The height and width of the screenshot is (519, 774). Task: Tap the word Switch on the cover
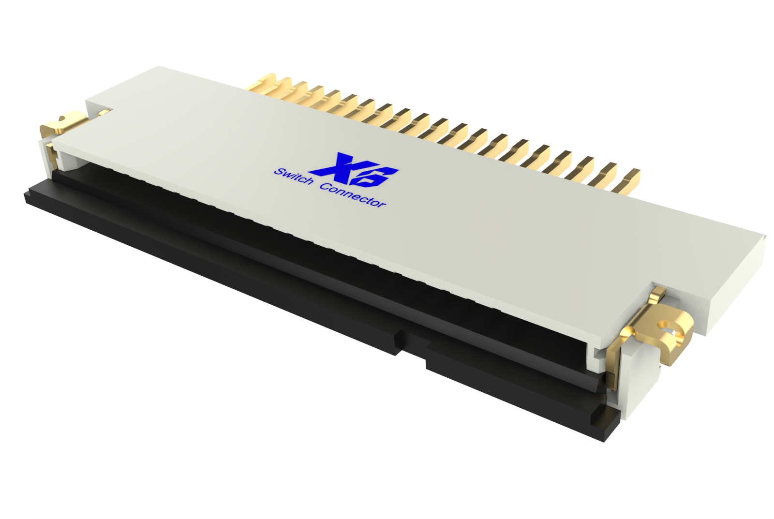(294, 177)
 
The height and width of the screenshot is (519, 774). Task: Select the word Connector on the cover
(353, 195)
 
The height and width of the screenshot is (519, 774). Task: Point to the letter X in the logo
(339, 164)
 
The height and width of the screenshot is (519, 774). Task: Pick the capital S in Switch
(279, 171)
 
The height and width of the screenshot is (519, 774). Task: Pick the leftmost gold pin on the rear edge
(264, 82)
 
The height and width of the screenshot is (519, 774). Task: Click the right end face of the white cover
(735, 285)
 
